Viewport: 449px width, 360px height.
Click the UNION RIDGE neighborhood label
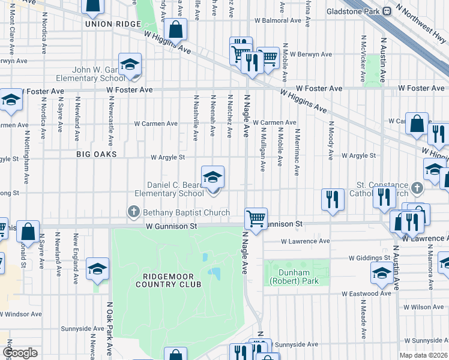(113, 24)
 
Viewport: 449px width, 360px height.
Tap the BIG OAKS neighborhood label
(96, 154)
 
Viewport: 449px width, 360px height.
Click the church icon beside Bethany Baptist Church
(133, 212)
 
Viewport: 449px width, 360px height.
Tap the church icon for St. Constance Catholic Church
(418, 189)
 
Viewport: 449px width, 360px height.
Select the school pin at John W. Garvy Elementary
(130, 65)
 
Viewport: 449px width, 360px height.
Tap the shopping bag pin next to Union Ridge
(176, 28)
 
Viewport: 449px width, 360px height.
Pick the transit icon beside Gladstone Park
(387, 11)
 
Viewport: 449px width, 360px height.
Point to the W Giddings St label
(370, 258)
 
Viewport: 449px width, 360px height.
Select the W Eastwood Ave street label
(366, 294)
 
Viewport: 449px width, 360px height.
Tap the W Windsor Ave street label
(21, 314)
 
